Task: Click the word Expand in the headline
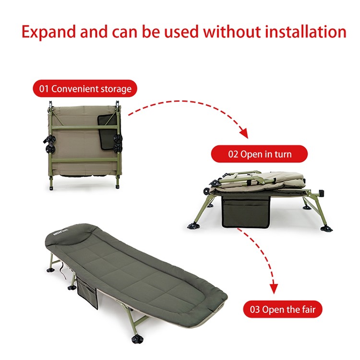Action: click(x=48, y=32)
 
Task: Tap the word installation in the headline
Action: click(x=306, y=32)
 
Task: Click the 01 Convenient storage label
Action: click(x=85, y=89)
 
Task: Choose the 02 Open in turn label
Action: click(x=259, y=154)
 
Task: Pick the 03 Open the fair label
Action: click(x=283, y=309)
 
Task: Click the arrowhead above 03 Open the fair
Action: click(x=274, y=289)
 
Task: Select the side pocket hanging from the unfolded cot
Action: click(x=87, y=291)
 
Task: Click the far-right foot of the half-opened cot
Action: click(x=326, y=228)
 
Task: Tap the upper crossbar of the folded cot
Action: click(x=84, y=127)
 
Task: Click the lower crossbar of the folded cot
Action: click(x=84, y=160)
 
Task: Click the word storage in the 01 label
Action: click(x=116, y=89)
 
